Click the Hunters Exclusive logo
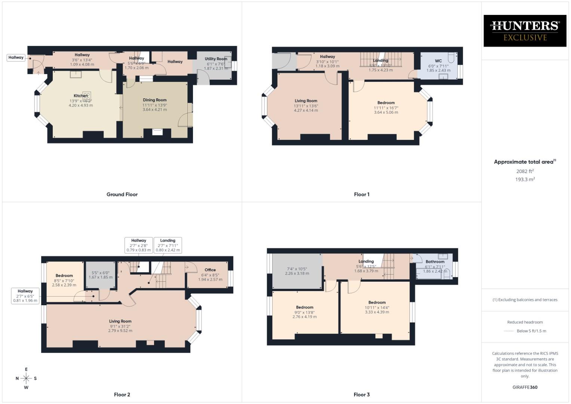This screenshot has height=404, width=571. click(x=525, y=31)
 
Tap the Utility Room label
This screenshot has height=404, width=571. click(x=216, y=59)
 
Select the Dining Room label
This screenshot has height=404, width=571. click(x=154, y=100)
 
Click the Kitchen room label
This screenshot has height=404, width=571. click(x=80, y=96)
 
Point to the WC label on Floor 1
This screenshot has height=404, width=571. click(x=438, y=61)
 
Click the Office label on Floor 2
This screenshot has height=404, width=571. click(x=210, y=270)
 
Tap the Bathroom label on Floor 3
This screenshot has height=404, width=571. click(x=435, y=261)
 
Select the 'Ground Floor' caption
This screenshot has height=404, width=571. click(x=122, y=195)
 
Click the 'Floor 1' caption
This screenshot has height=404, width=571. click(x=362, y=195)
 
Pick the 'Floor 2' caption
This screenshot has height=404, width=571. click(x=122, y=395)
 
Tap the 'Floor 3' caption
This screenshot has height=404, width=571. click(x=362, y=395)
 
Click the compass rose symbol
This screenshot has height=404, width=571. click(x=26, y=378)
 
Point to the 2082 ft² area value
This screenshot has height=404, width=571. click(x=525, y=171)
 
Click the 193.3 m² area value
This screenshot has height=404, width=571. click(x=525, y=180)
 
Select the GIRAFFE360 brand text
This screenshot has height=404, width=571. click(x=525, y=387)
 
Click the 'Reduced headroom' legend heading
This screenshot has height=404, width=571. click(x=525, y=322)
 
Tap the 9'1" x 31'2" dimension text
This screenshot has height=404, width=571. click(x=120, y=326)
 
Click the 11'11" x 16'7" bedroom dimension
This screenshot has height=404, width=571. click(x=386, y=108)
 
